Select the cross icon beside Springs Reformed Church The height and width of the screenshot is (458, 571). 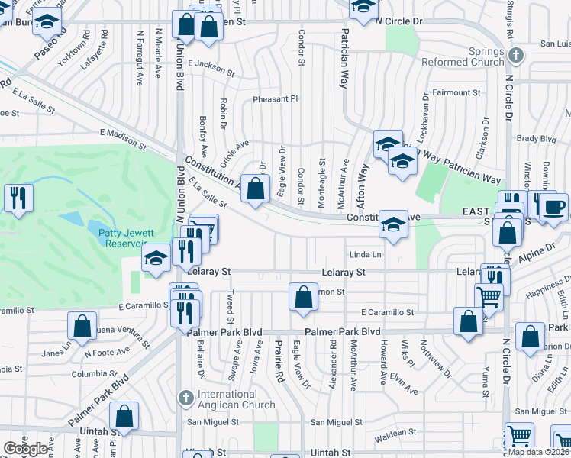coord(516,55)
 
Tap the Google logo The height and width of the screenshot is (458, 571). coord(25,449)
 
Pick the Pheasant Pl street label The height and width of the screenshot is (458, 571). coord(275,99)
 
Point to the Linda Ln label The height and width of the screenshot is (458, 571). coord(365,254)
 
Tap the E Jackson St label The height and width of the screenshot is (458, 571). coord(211,67)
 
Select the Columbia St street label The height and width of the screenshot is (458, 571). coord(94,374)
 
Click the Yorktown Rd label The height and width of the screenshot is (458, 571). coord(79,45)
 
